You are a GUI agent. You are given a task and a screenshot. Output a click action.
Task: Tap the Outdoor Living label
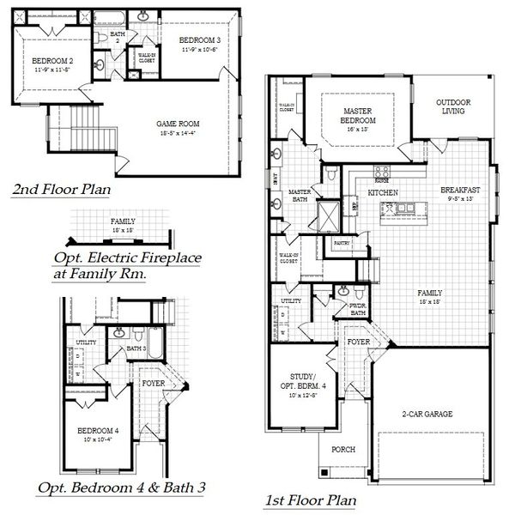453,106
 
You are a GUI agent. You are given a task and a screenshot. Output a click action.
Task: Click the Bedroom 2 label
52,61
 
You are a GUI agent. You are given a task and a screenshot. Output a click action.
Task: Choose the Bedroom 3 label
201,40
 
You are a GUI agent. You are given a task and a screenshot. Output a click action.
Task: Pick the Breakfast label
459,190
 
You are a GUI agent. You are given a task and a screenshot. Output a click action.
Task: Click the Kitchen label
384,194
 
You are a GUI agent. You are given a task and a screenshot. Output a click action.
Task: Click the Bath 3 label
136,348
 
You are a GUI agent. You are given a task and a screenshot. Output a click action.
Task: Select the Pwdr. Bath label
358,310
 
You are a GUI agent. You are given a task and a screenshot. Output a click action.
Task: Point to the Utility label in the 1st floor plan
290,301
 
